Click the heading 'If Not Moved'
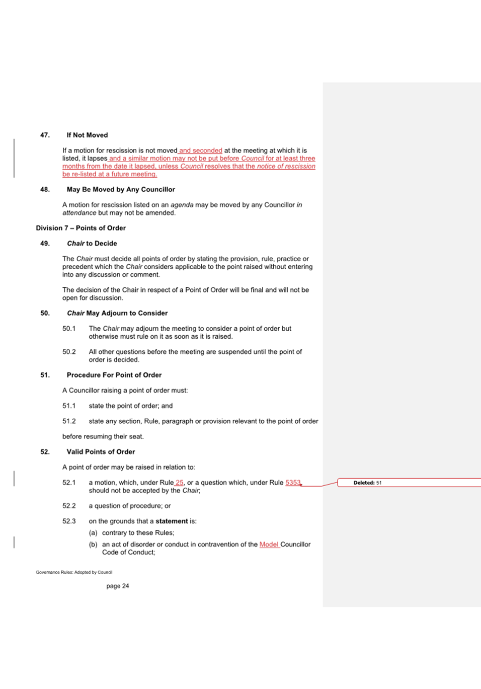pyautogui.click(x=87, y=135)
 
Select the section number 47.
pyautogui.click(x=45, y=135)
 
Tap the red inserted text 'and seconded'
pyautogui.click(x=201, y=150)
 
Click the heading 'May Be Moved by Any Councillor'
pyautogui.click(x=121, y=189)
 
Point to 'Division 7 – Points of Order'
pyautogui.click(x=81, y=228)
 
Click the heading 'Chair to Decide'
pyautogui.click(x=92, y=243)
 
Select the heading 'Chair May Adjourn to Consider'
pyautogui.click(x=117, y=313)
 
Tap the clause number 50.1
pyautogui.click(x=69, y=329)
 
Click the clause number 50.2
pyautogui.click(x=69, y=352)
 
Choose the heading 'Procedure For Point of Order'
pyautogui.click(x=114, y=375)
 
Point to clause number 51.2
pyautogui.click(x=69, y=421)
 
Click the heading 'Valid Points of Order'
pyautogui.click(x=101, y=452)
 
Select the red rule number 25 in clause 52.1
pyautogui.click(x=180, y=483)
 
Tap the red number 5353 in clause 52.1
pyautogui.click(x=293, y=483)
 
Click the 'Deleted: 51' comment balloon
pyautogui.click(x=367, y=483)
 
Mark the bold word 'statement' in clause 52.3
pyautogui.click(x=172, y=521)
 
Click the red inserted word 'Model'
pyautogui.click(x=269, y=545)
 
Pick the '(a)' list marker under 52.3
pyautogui.click(x=93, y=533)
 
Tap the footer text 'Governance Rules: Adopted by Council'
pyautogui.click(x=74, y=572)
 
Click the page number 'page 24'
pyautogui.click(x=118, y=586)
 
